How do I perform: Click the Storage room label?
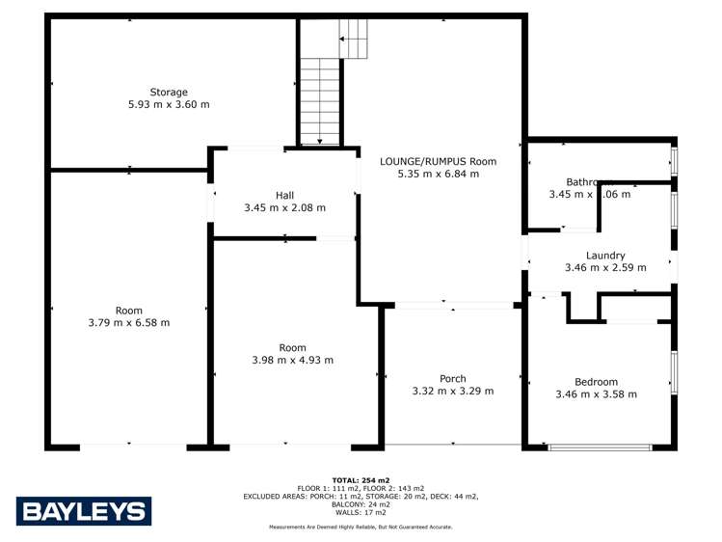coord(169,93)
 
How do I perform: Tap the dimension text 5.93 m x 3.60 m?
coord(169,104)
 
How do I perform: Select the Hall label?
coord(284,196)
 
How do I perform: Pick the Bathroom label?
coord(589,181)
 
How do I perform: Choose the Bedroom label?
coord(596,382)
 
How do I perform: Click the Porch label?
coord(452,378)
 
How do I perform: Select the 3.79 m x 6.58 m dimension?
coord(129,323)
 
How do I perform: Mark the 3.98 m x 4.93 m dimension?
coord(293,361)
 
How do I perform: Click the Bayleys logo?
coord(84,511)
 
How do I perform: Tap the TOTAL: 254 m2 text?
coord(361,479)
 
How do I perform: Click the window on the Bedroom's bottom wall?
coord(599,447)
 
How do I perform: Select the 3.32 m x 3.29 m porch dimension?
coord(452,391)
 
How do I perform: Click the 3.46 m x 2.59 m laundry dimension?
coord(605,268)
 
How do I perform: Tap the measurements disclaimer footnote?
coord(361,528)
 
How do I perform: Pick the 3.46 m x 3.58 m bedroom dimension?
coord(596,394)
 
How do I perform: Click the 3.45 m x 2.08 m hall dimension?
coord(284,208)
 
